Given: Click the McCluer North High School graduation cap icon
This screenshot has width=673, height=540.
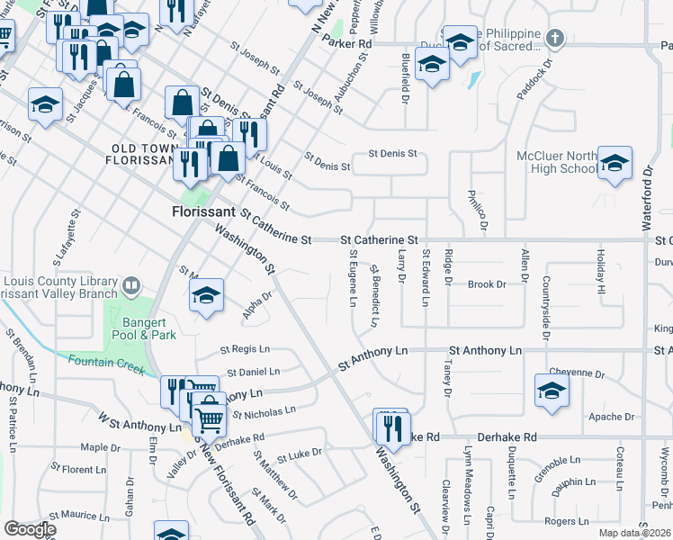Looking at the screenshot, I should pos(615,164).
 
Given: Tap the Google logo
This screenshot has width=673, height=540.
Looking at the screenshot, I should pos(30,529).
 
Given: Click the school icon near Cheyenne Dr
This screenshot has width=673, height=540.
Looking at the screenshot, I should pos(552,391).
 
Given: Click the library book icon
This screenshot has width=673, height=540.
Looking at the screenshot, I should pos(131,287).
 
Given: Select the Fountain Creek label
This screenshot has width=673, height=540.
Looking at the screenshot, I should pos(106,364).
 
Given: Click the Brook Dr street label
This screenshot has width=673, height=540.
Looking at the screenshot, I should pos(487,284).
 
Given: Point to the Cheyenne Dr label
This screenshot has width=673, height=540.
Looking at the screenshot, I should pos(578,373).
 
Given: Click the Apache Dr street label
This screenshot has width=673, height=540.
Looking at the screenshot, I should pos(612,417).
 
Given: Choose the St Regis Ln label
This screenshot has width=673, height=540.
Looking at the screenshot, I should pos(245,349).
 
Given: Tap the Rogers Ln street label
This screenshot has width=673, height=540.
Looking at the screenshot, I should pos(566,520).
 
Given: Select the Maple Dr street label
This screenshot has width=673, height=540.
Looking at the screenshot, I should pos(94,446).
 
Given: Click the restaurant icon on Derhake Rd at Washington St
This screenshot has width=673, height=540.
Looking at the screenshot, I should pos(392,428).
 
